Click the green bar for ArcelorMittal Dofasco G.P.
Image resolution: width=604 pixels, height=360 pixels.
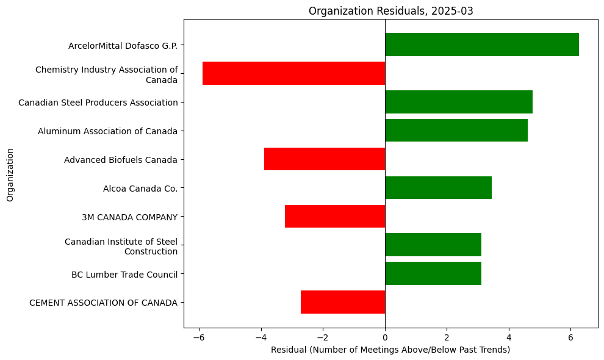click(481, 45)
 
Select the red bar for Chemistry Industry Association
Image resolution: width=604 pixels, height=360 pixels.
click(293, 73)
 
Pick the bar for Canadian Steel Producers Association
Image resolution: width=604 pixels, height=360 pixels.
click(458, 102)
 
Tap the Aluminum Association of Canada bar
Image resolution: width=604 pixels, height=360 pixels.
click(456, 131)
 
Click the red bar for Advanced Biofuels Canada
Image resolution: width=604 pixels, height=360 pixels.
click(324, 159)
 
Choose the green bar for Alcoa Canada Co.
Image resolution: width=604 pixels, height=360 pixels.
click(438, 188)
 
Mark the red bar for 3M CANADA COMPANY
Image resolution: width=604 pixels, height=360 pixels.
click(334, 216)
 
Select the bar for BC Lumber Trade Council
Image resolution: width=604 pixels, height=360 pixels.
click(433, 273)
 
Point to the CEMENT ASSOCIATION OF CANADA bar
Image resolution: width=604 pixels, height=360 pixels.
click(342, 302)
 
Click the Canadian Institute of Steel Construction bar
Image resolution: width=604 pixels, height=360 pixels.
click(433, 245)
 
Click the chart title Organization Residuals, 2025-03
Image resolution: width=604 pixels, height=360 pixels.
click(390, 10)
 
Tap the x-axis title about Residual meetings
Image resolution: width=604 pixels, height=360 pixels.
click(390, 350)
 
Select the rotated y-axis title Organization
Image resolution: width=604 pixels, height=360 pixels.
click(10, 173)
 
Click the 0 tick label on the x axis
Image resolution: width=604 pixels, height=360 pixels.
click(385, 337)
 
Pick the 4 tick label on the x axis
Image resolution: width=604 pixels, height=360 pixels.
click(509, 337)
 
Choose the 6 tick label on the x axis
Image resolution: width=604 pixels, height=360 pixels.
click(570, 337)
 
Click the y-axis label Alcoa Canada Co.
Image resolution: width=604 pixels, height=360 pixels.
click(140, 189)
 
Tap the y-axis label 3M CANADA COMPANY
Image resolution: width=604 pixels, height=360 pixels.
click(129, 217)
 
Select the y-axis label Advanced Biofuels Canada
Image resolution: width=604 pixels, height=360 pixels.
click(121, 160)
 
